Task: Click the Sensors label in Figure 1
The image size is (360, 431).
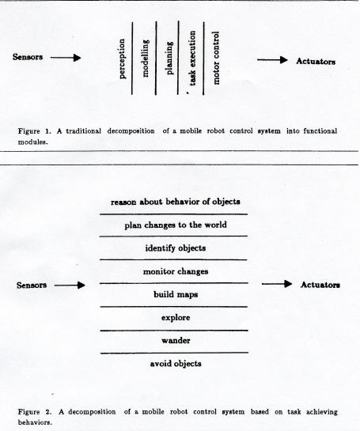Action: tap(28, 57)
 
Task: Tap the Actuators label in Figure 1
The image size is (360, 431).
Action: tap(316, 62)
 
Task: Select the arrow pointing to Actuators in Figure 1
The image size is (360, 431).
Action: tap(272, 59)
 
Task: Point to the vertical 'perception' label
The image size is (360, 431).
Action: tap(122, 59)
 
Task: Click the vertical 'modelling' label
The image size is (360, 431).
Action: tap(146, 58)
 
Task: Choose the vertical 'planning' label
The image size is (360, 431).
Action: tap(169, 58)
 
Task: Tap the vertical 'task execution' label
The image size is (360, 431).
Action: tap(192, 59)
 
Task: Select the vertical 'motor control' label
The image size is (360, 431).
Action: tap(216, 58)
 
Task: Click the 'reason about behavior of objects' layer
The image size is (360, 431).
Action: tap(176, 202)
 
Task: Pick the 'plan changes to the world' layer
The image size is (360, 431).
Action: tap(176, 225)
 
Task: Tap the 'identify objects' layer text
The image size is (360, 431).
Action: tap(176, 248)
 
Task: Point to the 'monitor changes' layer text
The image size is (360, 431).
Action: tap(176, 271)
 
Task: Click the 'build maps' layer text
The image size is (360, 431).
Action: tap(176, 295)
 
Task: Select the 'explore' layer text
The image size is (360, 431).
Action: tap(176, 318)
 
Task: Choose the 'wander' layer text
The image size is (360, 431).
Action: tap(176, 341)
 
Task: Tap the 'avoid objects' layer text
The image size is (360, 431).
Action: tap(176, 364)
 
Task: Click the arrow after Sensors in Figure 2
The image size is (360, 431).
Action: tap(70, 285)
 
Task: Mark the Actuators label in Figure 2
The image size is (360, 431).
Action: tap(320, 285)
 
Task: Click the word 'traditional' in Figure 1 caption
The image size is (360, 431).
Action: tap(83, 131)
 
